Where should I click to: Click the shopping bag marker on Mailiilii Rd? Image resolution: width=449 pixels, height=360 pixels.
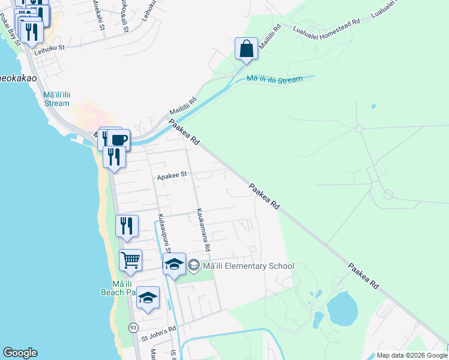(x=247, y=49)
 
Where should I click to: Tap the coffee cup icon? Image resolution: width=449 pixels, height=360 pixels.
(x=119, y=140)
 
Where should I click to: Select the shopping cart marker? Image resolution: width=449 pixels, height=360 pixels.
(x=130, y=260)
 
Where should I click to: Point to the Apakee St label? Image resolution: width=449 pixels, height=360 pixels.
(x=172, y=176)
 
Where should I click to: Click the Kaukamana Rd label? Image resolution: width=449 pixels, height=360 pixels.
(x=203, y=230)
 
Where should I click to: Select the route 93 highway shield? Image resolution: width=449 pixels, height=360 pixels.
(x=133, y=327)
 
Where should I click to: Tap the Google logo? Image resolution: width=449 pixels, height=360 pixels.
(x=20, y=353)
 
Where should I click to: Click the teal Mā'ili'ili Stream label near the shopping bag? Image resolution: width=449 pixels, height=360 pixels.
(x=274, y=79)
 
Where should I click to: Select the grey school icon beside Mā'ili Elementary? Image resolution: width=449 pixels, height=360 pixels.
(x=194, y=265)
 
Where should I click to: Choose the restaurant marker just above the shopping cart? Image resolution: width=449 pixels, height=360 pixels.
(x=127, y=226)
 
